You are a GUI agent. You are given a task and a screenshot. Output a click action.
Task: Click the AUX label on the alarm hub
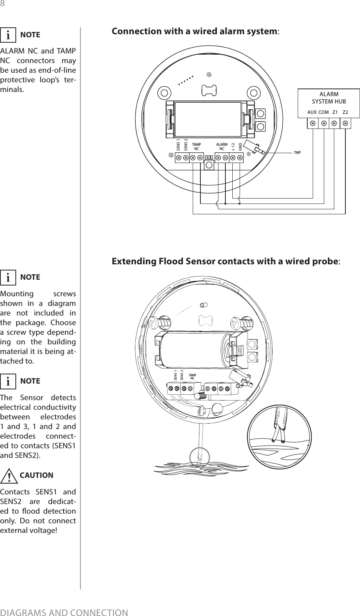[312, 112]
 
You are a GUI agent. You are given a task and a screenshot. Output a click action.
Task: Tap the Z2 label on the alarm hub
[345, 112]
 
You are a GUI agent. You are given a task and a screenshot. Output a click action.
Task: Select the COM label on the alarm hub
[324, 112]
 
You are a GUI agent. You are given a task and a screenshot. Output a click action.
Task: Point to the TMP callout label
[297, 153]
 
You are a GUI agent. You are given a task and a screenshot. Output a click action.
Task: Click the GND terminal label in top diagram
[240, 146]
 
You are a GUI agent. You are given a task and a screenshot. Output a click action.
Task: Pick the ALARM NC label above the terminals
[222, 146]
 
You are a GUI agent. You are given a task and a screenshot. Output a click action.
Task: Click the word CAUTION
[37, 475]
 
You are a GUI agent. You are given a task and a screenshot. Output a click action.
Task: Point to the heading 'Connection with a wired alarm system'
[195, 31]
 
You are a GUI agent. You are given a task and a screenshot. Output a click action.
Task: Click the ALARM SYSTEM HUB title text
[329, 98]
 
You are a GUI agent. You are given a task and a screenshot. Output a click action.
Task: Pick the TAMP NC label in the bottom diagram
[192, 376]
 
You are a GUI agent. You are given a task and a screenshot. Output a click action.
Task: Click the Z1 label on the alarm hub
[335, 112]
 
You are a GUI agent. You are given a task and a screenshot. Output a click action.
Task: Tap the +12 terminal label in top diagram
[233, 146]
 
